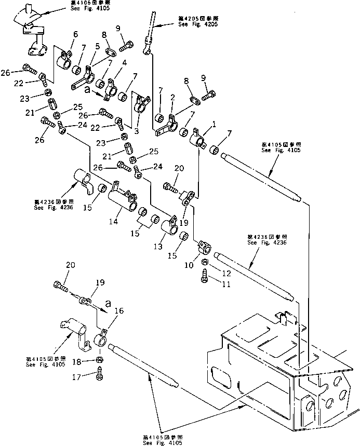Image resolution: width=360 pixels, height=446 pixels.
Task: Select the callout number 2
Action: coord(172,97)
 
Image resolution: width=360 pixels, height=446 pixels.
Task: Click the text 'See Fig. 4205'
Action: coord(197,24)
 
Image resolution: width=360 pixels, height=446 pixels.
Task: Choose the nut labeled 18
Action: coord(99,360)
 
